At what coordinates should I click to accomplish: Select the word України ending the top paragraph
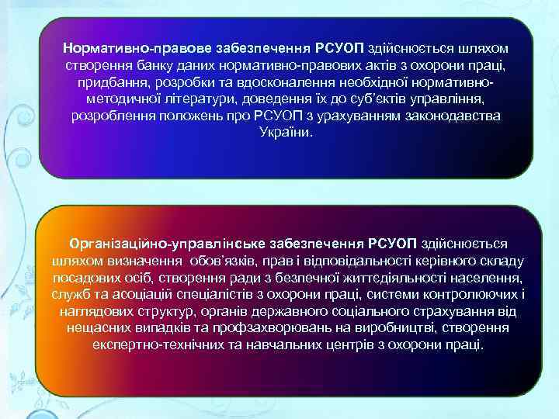285,133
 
